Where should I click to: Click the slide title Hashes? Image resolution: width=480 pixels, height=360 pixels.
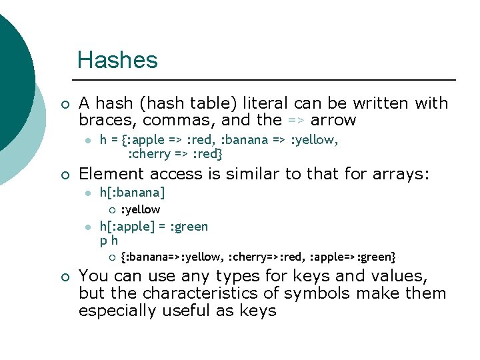(x=117, y=60)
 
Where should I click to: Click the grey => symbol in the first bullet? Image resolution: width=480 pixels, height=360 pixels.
(x=295, y=121)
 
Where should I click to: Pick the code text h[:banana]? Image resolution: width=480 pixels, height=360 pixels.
(x=132, y=193)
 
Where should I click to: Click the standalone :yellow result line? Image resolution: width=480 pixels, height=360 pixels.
(x=140, y=209)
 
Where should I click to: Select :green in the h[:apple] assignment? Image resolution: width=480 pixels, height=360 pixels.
(x=189, y=227)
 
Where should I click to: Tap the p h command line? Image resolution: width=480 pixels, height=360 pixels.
(x=109, y=241)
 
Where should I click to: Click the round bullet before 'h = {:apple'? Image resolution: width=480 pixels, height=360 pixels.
(x=87, y=141)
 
